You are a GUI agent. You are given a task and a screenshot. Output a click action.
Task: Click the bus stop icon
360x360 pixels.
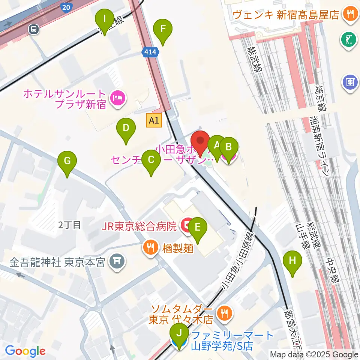click(34, 29)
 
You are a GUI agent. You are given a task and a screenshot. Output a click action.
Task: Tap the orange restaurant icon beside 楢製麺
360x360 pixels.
click(151, 247)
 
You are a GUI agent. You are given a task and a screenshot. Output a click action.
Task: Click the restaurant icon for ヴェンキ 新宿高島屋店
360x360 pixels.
click(350, 15)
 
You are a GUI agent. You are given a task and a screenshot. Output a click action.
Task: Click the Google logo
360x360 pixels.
click(25, 351)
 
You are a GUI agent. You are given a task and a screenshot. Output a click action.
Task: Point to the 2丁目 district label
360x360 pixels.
click(70, 225)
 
